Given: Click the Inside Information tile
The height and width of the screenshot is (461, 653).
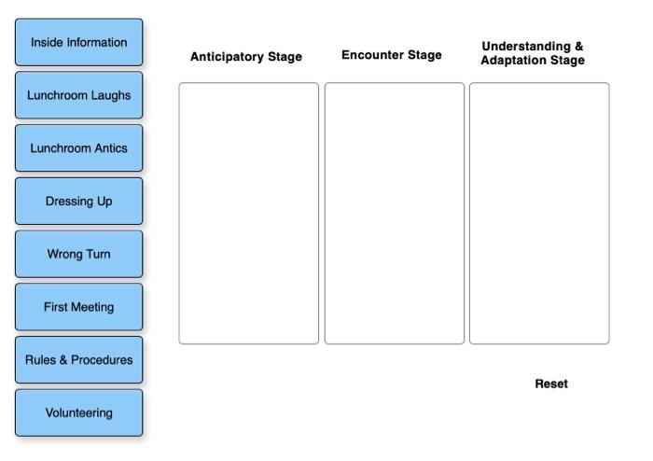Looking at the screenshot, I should (79, 42).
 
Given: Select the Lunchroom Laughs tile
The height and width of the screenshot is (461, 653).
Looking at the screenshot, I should (79, 95).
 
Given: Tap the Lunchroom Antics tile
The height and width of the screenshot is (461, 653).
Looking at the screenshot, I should (79, 148).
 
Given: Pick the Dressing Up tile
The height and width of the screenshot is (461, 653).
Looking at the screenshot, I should (79, 201).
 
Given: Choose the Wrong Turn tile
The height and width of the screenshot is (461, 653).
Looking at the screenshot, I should (79, 254).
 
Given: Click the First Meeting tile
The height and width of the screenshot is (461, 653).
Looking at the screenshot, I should (79, 307).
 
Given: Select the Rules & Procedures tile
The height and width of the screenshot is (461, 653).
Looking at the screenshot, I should (79, 360).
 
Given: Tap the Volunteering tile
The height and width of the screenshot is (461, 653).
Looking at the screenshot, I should (79, 412).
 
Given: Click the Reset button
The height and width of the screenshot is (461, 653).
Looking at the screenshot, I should (551, 384).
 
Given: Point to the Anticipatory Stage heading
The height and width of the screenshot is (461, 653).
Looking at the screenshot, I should (246, 57).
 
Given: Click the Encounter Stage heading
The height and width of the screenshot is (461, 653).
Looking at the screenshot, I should (392, 55).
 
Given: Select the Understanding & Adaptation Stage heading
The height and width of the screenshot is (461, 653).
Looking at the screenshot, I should (533, 53).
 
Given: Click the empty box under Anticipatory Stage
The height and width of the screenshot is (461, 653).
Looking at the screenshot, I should (249, 213).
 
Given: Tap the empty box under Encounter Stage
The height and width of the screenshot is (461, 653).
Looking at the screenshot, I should (395, 213).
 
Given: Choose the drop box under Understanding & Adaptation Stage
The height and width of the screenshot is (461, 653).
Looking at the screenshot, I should (539, 213).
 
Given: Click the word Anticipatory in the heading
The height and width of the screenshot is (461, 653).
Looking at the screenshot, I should (228, 57).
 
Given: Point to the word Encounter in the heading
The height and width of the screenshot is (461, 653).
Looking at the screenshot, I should (371, 55).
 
